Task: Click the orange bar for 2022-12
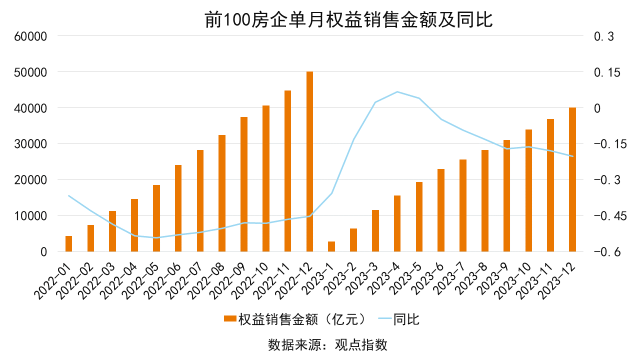(309, 161)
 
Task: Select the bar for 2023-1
(331, 246)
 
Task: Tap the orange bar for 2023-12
(572, 179)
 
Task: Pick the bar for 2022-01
(69, 244)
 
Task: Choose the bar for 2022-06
(178, 208)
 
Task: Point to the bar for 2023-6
(441, 210)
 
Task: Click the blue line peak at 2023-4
(397, 92)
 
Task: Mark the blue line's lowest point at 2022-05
(156, 237)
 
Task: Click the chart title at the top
(348, 20)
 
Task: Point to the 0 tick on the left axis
(43, 252)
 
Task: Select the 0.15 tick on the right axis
(606, 72)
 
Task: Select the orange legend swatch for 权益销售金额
(229, 319)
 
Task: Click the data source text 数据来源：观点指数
(328, 345)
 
